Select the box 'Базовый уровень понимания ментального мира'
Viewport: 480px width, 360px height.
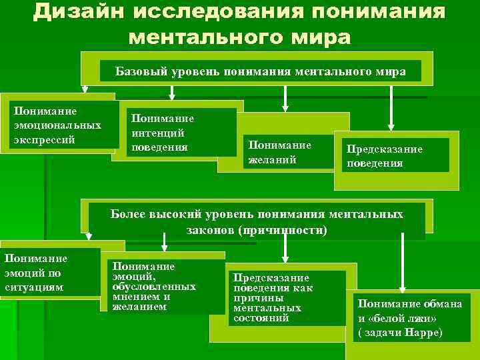260,71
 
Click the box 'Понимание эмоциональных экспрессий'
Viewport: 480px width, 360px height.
58,125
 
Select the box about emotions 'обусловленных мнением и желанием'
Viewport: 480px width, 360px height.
163,287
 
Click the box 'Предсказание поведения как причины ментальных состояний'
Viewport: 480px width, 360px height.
287,297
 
